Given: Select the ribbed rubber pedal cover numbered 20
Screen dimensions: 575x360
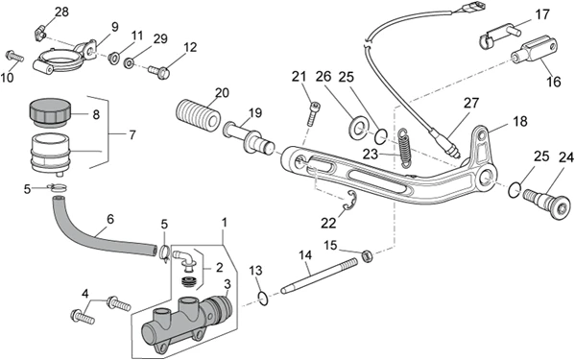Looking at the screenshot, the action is click(198, 113).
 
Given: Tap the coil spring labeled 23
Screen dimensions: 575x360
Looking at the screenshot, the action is click(404, 149).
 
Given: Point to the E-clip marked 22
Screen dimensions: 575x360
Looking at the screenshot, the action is click(349, 202).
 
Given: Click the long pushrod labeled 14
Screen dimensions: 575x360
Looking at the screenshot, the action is click(319, 275).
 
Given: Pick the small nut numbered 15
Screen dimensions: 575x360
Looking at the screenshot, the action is click(367, 255).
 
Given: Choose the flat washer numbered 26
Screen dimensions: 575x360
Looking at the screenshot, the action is click(356, 129).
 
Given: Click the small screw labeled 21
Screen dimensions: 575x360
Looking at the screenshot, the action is click(313, 114).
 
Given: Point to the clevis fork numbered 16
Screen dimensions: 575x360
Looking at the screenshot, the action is click(535, 51).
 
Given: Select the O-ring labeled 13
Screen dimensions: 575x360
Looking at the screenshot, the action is click(263, 298).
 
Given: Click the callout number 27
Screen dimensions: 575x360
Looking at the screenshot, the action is click(471, 103).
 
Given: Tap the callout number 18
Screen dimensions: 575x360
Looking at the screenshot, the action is click(520, 121).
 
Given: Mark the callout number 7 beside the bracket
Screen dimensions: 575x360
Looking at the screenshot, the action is click(132, 135).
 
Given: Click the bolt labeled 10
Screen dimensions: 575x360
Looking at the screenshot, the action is click(14, 57).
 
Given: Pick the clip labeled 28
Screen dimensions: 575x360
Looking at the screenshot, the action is click(40, 32).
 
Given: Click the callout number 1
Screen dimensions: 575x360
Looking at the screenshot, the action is click(225, 222).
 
